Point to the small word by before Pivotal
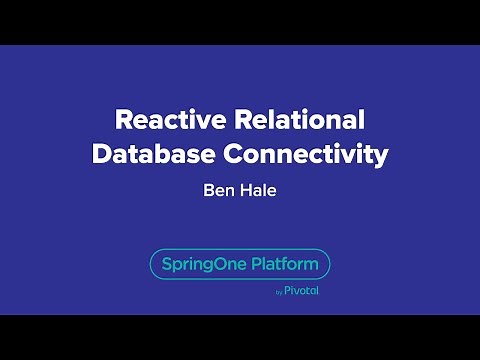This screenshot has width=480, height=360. pos(278,293)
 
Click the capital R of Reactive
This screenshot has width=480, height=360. pos(124,121)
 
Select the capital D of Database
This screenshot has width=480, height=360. pos(103,155)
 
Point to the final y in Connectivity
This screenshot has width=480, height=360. pos(380,158)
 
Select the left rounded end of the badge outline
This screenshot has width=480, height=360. pos(151,265)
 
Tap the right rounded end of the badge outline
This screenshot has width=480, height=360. pos(329,265)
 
